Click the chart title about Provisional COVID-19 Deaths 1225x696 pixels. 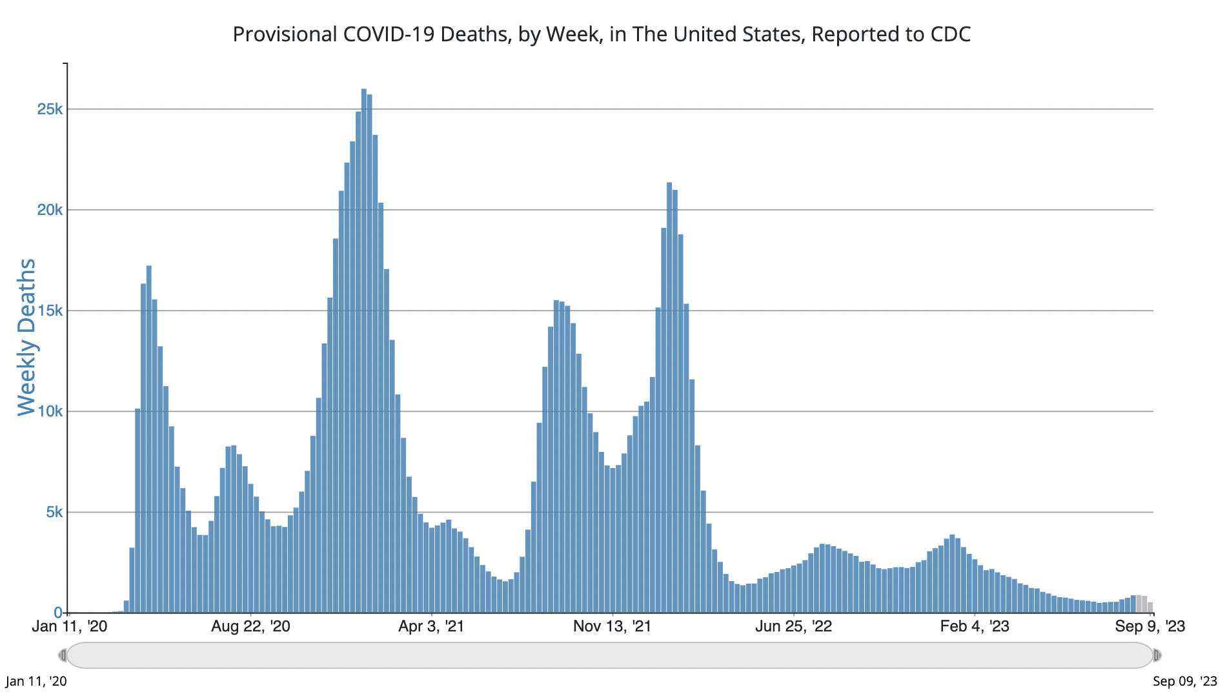602,34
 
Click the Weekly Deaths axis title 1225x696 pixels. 27,337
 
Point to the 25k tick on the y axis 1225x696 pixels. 50,109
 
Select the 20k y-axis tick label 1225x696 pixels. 50,210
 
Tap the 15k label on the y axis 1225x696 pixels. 50,311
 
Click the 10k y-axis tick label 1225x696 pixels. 50,411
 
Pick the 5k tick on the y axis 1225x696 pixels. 54,512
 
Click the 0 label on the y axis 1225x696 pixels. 58,613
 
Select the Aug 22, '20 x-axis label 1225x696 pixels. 250,626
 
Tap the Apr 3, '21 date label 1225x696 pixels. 431,626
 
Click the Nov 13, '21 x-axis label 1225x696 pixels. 612,626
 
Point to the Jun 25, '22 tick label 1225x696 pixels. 793,626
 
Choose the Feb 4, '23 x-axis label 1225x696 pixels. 975,626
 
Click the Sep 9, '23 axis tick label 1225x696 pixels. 1150,626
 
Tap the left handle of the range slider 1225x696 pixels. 63,655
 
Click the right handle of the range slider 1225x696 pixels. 1157,655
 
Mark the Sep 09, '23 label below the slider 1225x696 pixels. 1185,681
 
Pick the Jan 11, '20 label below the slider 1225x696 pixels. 36,681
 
